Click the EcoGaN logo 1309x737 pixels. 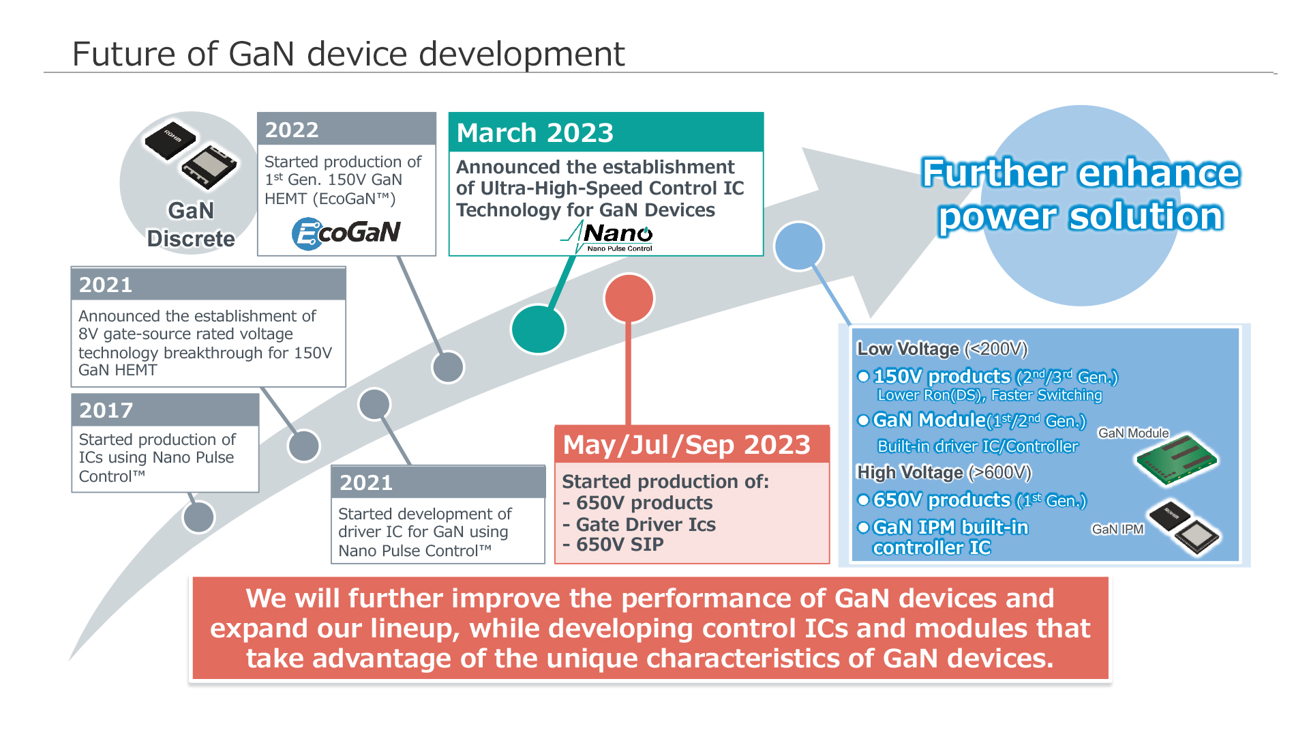[346, 233]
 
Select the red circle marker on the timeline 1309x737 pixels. [629, 298]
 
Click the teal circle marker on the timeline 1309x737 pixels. [538, 329]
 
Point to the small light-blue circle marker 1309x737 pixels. [799, 246]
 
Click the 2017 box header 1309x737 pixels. [165, 410]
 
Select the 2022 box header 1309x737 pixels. [346, 130]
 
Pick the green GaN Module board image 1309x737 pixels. [1177, 459]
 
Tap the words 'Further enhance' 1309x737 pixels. [1080, 173]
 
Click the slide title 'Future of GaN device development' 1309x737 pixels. [348, 54]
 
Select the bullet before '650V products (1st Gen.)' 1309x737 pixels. [863, 500]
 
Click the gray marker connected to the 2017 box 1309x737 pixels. [198, 517]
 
